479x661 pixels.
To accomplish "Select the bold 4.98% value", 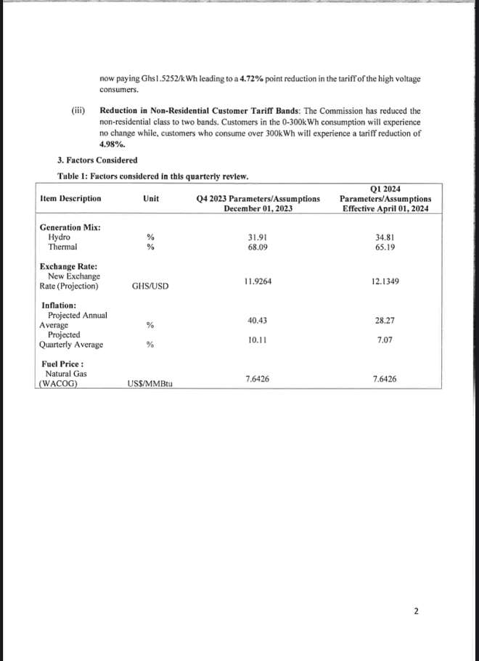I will tap(111, 144).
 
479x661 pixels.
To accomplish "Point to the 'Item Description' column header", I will tap(71, 198).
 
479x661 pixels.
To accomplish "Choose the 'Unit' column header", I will tap(151, 198).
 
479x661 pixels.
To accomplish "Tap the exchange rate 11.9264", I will tap(258, 281).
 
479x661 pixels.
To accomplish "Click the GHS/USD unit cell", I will tap(150, 287).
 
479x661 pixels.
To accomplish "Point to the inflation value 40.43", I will tap(258, 320).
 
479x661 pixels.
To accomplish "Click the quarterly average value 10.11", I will tap(258, 340).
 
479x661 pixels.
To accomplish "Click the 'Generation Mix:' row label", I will tap(70, 227).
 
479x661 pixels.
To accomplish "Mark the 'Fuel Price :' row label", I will tap(62, 364).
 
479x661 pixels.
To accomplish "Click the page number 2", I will tap(416, 612).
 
